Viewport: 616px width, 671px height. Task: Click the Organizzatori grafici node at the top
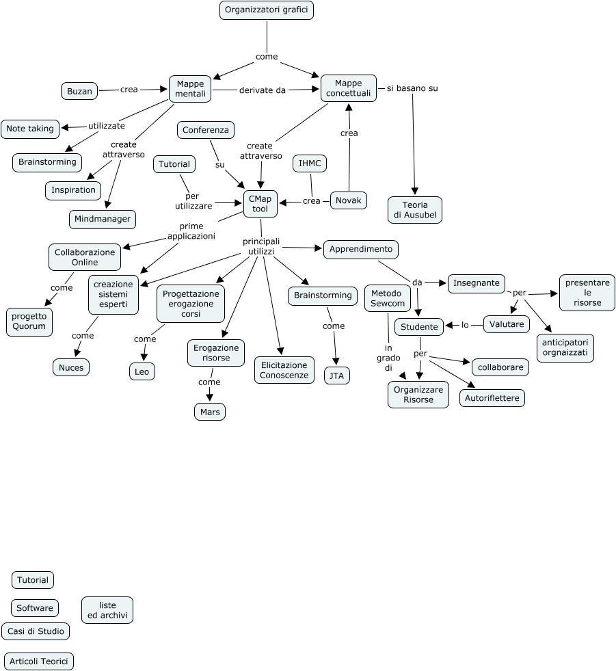(x=267, y=10)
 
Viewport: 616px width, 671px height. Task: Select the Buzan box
(x=79, y=90)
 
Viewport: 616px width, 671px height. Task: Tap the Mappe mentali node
(x=190, y=89)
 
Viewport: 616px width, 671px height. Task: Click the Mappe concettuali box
(x=349, y=88)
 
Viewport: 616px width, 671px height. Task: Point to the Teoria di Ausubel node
(x=415, y=210)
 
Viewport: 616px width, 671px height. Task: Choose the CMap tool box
(x=260, y=203)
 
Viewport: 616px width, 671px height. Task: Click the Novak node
(x=349, y=200)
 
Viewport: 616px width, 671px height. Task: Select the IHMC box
(x=310, y=163)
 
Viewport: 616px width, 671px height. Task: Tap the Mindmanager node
(x=103, y=219)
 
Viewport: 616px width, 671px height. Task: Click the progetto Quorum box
(x=29, y=321)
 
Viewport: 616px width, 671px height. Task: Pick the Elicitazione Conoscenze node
(x=284, y=369)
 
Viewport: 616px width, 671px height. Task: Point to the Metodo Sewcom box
(x=388, y=298)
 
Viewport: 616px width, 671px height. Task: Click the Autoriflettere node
(x=492, y=397)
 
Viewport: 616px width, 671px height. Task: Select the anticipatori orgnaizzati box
(x=565, y=347)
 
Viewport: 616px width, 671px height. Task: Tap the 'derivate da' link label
(x=263, y=90)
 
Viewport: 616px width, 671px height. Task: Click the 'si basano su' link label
(x=412, y=88)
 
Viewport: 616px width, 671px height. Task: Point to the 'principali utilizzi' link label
(x=261, y=246)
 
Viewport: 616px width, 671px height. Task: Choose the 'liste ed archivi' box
(x=107, y=610)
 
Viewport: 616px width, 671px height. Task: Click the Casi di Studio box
(x=36, y=631)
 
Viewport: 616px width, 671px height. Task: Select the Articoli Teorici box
(x=38, y=661)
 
